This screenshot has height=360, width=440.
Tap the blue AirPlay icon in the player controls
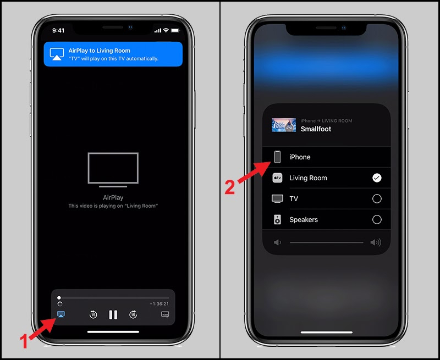pos(61,314)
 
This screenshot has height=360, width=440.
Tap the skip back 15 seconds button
pos(94,314)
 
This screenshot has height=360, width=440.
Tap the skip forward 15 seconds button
pos(133,314)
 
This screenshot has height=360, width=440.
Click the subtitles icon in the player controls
pos(165,314)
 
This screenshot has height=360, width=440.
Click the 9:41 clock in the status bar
pos(58,30)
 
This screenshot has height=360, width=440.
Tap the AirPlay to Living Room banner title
pos(100,51)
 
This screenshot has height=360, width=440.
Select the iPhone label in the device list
pos(300,157)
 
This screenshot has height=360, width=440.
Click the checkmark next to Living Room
pos(377,178)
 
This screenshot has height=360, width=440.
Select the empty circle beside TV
pos(377,198)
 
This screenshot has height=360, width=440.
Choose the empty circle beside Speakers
pos(377,219)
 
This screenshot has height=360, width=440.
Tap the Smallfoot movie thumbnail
pos(284,125)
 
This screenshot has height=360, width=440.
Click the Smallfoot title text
pos(316,129)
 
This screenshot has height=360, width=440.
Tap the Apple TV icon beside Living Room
pos(278,178)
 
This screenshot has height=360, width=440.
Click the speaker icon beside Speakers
pos(278,219)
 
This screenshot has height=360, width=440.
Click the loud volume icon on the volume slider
pos(376,242)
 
